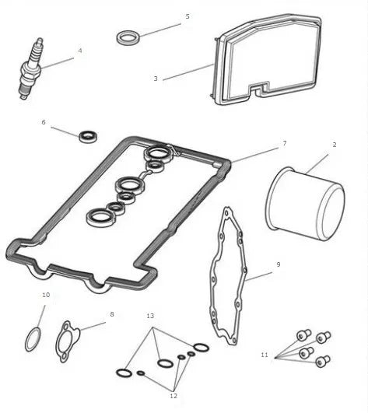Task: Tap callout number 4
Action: coord(79,51)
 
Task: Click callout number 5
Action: coord(187,16)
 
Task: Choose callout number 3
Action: coord(156,79)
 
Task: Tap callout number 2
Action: coord(334,145)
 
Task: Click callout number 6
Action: coord(44,122)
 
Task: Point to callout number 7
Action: coord(285,143)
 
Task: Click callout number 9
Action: coord(278,264)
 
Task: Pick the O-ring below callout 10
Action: coord(33,339)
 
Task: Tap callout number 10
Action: coord(46,296)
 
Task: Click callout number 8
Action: coord(111,314)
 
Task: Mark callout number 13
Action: coord(150,317)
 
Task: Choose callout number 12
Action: coord(173,396)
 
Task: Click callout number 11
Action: coord(265,355)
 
